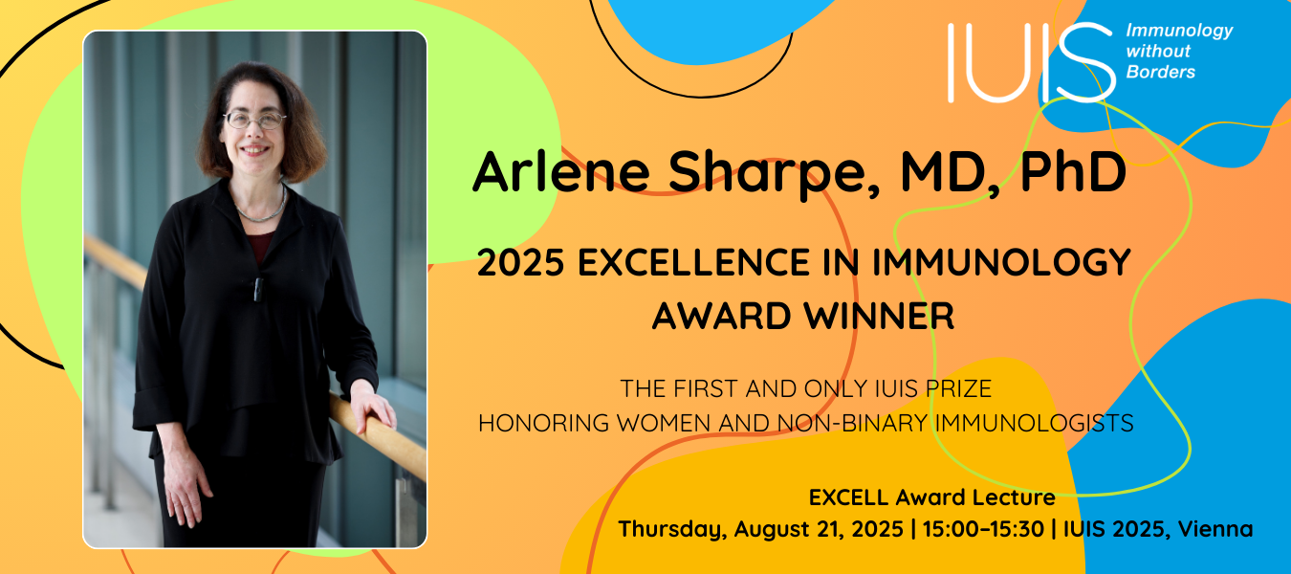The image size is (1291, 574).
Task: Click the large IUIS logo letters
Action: coord(1032,62)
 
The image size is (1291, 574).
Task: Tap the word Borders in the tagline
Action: coord(1160,72)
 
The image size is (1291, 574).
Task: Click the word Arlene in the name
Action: coord(561,171)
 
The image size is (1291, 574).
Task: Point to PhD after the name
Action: coord(1073,171)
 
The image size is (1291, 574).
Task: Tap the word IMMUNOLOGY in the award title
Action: coord(1001,262)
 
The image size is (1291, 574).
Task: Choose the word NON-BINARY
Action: coord(852,424)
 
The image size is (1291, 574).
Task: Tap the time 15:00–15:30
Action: coord(983,529)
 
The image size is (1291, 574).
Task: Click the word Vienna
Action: coord(1215,529)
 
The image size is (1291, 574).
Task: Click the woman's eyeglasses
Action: coord(254,120)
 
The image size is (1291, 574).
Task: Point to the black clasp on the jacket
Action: coord(259,289)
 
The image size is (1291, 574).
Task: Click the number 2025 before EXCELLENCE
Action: coord(521,262)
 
